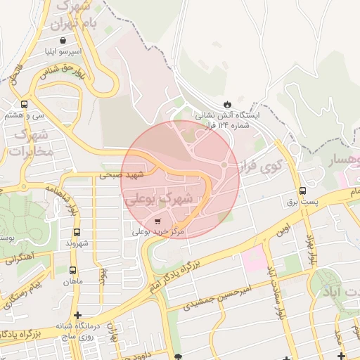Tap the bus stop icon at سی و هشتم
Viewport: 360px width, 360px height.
point(25,105)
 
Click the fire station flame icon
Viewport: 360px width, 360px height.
point(226,104)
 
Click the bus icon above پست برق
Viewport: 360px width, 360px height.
point(302,190)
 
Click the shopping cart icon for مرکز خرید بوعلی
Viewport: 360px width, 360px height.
point(156,220)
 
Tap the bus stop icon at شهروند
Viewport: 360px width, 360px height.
point(76,232)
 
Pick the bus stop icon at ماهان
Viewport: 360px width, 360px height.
point(72,269)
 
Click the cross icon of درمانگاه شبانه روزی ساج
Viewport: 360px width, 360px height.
point(77,315)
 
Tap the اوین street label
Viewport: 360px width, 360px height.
point(283,230)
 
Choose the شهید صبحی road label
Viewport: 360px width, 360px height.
point(115,176)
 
